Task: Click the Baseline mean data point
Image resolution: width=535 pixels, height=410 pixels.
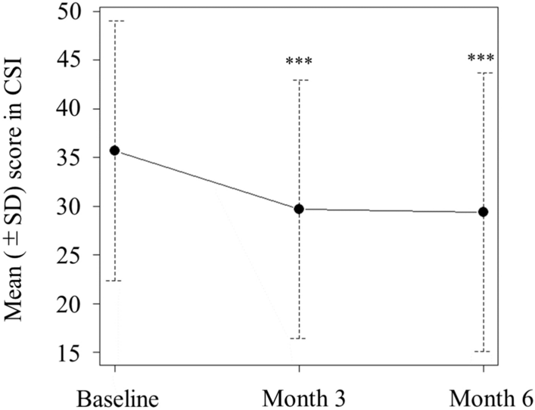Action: pyautogui.click(x=115, y=151)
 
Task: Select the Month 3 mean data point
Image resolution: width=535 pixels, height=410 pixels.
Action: pyautogui.click(x=299, y=209)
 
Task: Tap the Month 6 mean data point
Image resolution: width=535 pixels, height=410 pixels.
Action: pyautogui.click(x=483, y=212)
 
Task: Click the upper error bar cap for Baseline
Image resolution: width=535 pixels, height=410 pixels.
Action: pyautogui.click(x=115, y=20)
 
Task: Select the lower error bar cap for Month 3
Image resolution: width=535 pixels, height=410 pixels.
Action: pyautogui.click(x=299, y=338)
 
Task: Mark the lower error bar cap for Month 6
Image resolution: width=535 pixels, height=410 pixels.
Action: pyautogui.click(x=483, y=352)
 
